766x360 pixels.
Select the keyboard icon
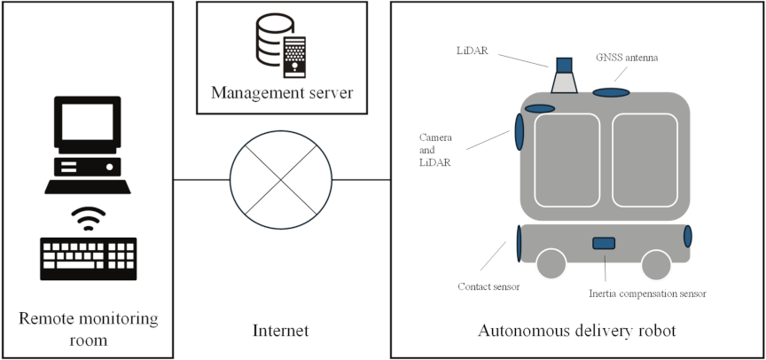(88, 259)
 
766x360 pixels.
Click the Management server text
(281, 91)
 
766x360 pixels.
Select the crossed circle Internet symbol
(281, 181)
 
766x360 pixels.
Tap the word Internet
(280, 331)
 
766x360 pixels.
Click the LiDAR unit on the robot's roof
(564, 76)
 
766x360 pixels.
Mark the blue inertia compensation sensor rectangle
(604, 243)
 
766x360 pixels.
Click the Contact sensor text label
(488, 286)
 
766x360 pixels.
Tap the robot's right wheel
(656, 263)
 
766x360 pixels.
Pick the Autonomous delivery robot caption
(576, 331)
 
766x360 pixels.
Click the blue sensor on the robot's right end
(687, 237)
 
